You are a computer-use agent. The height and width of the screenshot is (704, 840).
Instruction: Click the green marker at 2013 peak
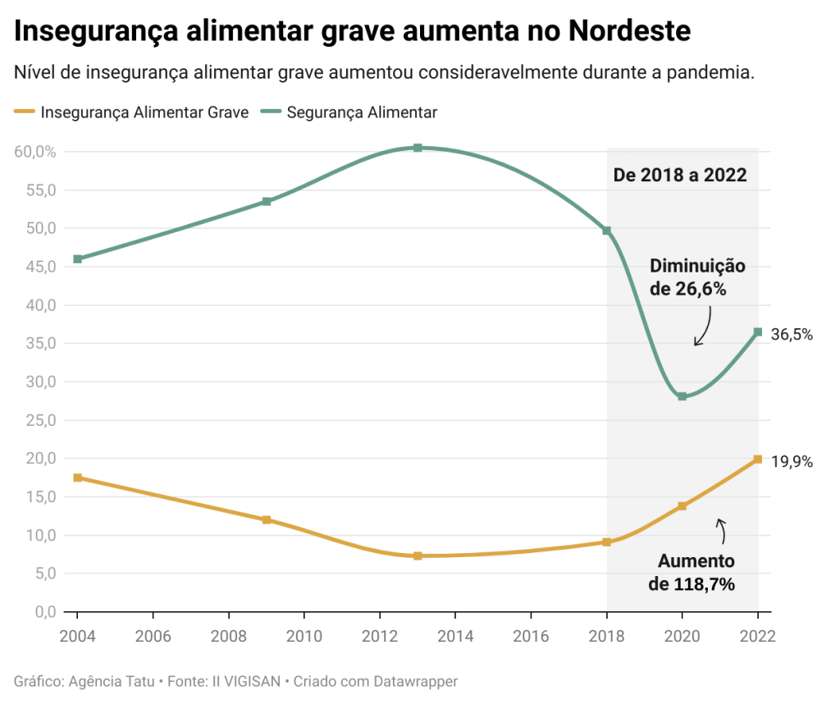click(x=418, y=148)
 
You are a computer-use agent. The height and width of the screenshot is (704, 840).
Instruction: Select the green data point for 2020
click(x=682, y=396)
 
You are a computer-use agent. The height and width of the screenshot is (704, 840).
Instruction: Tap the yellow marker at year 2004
click(x=77, y=478)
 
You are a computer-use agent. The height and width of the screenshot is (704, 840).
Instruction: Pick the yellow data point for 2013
click(x=418, y=555)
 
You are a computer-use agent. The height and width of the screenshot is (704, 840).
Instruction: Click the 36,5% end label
click(x=792, y=334)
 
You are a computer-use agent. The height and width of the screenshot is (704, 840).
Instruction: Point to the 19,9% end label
click(x=792, y=462)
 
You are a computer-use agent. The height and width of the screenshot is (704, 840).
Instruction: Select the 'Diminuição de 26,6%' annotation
click(x=697, y=277)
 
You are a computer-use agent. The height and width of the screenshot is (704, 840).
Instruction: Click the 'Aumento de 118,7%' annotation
click(x=696, y=573)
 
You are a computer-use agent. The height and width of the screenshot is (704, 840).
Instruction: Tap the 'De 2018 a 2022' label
click(x=680, y=175)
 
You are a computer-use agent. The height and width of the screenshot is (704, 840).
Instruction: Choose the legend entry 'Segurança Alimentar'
click(x=362, y=112)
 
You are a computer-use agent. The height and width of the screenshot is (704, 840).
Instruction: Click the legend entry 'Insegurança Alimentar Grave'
click(x=144, y=112)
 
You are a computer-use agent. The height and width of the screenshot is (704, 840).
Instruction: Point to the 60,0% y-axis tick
click(x=34, y=152)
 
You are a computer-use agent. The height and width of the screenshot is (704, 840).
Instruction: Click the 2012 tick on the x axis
click(x=380, y=636)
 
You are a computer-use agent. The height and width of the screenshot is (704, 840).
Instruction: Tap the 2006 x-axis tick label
click(x=153, y=636)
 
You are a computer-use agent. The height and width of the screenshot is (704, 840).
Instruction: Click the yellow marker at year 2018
click(x=607, y=542)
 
